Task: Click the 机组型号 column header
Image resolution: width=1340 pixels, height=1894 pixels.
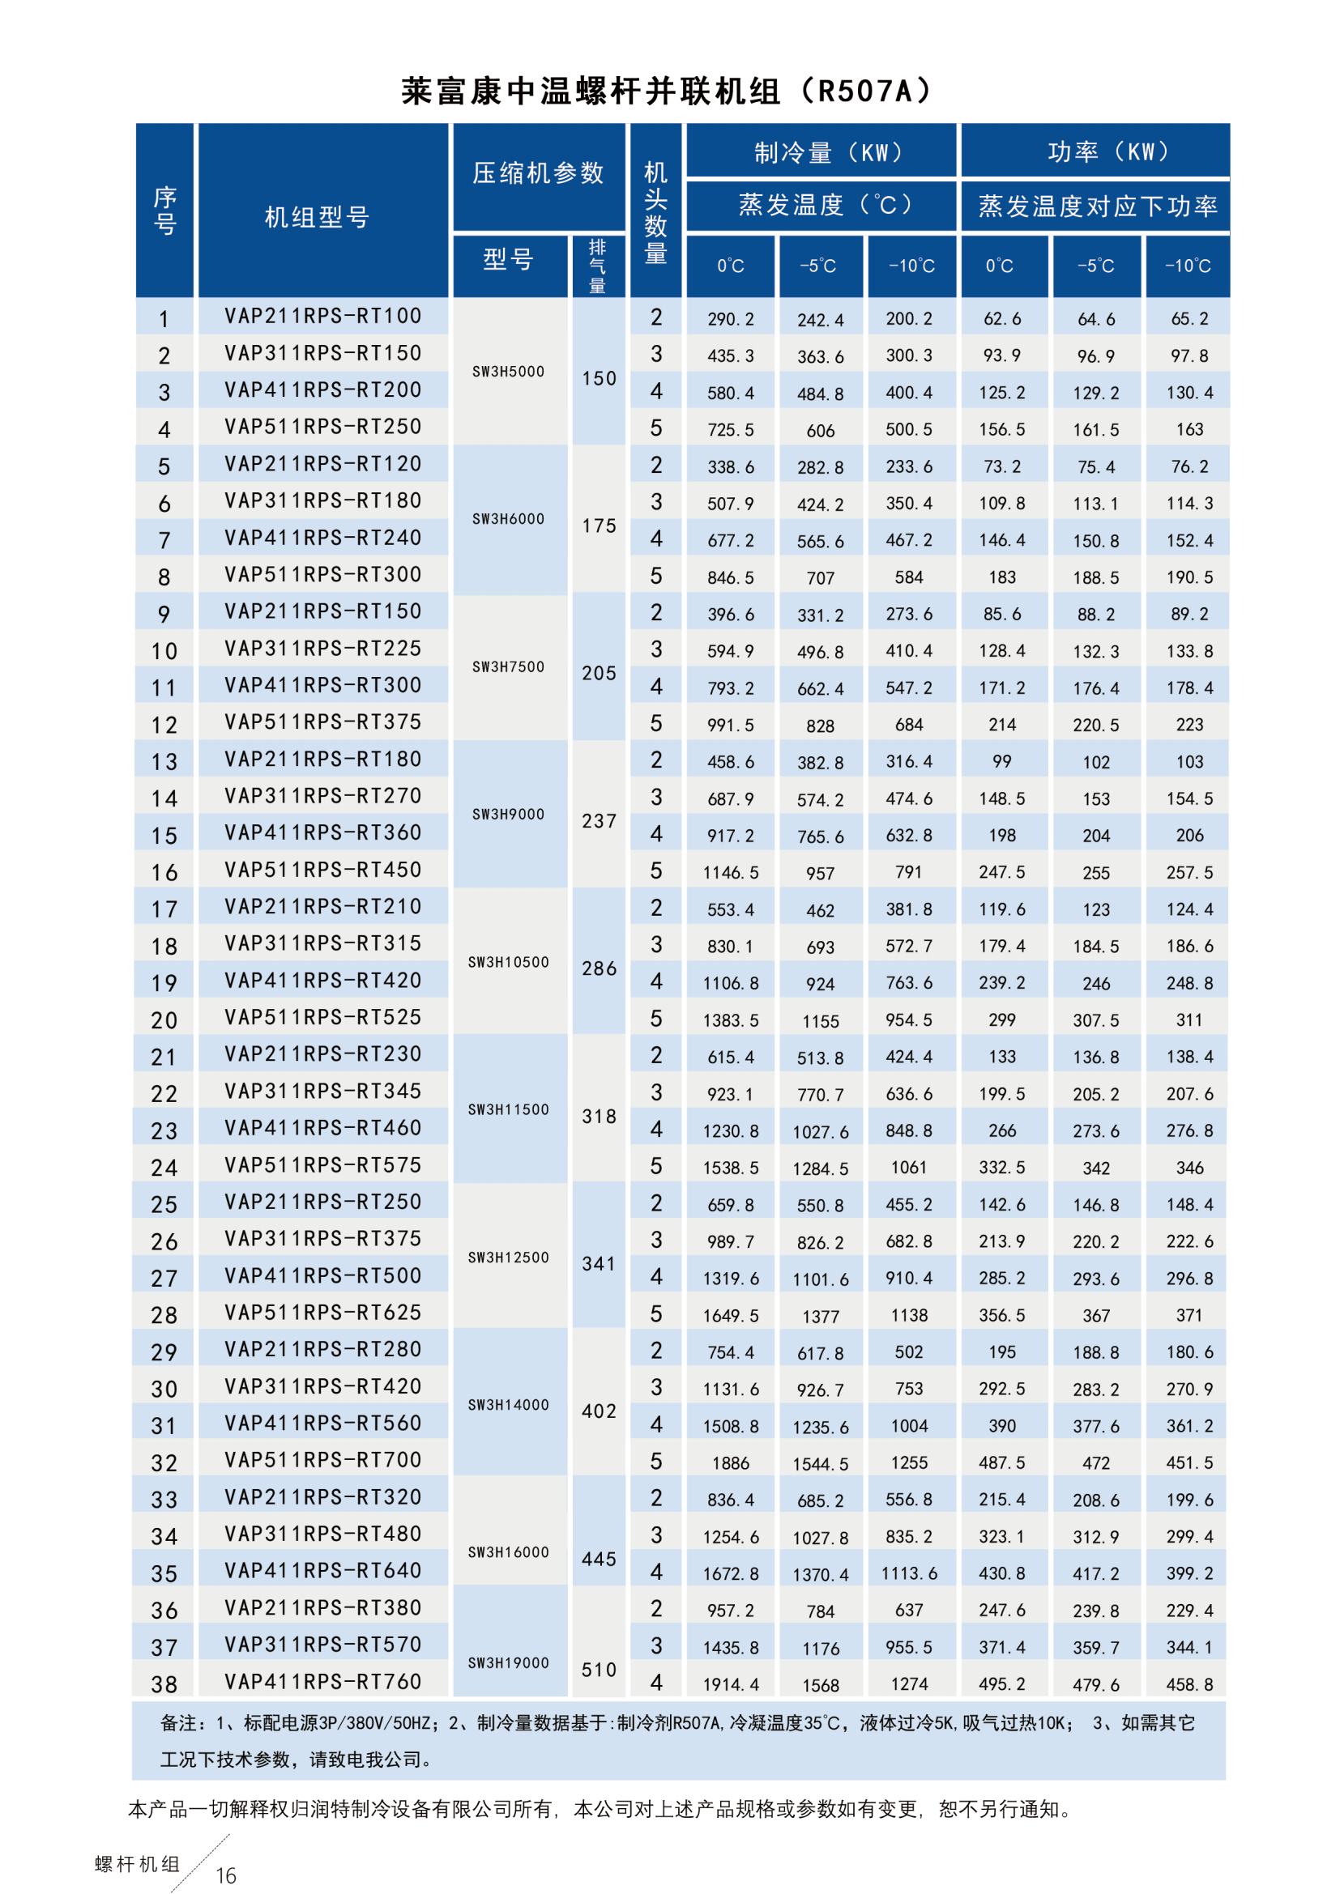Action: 317,218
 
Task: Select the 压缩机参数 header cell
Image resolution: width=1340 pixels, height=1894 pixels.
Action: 538,173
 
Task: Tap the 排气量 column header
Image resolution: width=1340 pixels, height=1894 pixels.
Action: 597,266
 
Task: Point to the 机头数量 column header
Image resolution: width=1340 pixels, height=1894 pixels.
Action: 656,212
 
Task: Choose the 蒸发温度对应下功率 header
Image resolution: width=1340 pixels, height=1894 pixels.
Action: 1097,206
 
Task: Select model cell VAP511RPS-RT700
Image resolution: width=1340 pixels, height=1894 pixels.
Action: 322,1460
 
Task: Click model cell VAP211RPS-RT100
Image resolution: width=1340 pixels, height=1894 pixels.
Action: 322,316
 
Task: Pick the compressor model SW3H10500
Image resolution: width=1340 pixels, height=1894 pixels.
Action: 508,962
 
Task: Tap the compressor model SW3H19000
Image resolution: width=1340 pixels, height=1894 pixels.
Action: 508,1663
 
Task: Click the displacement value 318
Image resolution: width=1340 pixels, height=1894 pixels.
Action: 599,1116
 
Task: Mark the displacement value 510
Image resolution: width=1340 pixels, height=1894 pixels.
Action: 599,1670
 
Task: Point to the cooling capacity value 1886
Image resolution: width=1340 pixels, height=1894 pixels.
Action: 730,1463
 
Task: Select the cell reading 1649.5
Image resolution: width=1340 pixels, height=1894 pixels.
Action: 730,1316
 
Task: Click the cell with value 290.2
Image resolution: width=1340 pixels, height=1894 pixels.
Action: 730,319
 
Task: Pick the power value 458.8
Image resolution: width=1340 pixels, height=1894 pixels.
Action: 1189,1684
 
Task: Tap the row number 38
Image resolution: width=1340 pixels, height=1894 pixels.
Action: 164,1684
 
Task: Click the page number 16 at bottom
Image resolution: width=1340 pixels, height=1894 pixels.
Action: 226,1876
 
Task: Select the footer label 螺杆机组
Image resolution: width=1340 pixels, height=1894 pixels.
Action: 137,1864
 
